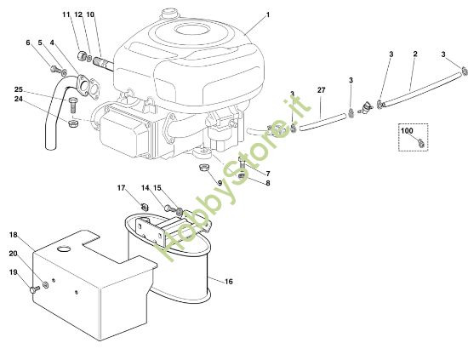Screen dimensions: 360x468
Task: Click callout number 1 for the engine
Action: tap(266, 15)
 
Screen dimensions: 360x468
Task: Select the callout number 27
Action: tap(321, 89)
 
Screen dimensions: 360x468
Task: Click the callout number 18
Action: tap(14, 234)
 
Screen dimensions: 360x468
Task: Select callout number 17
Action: tap(121, 188)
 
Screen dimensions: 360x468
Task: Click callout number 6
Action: tap(28, 43)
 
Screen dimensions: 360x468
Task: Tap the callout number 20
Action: tap(13, 254)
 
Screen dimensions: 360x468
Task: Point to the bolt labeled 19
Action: tap(33, 289)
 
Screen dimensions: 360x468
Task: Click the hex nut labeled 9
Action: tap(204, 168)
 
